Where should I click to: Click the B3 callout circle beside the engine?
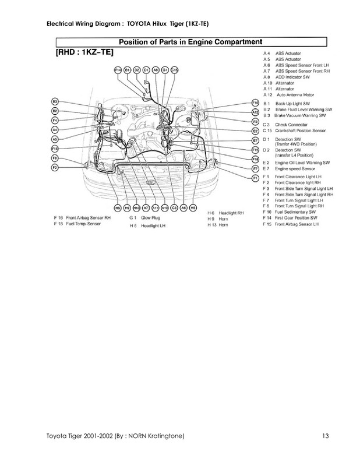(x=55, y=101)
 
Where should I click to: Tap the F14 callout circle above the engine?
(x=118, y=70)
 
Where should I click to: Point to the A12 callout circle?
(x=255, y=112)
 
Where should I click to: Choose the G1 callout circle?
(x=165, y=70)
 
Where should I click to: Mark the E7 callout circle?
(x=255, y=140)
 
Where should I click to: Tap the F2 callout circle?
(x=55, y=167)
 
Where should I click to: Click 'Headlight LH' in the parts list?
(x=152, y=224)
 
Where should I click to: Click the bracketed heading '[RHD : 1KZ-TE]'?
(x=84, y=53)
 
